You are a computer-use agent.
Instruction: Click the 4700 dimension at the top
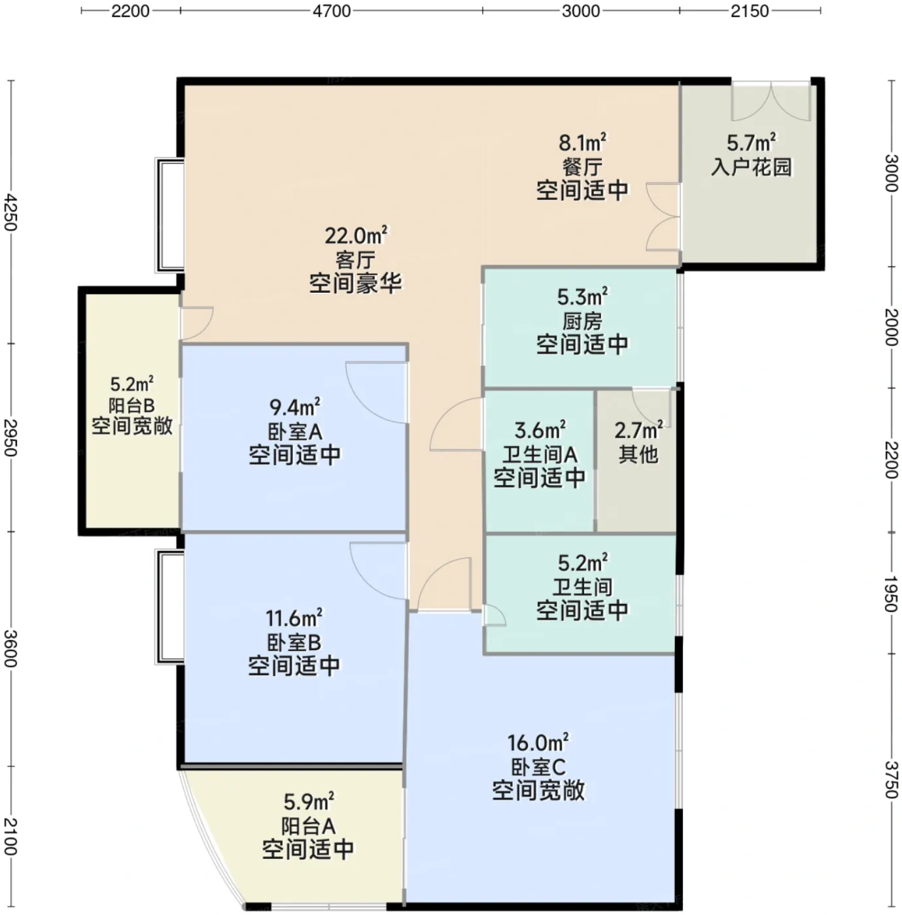[x=331, y=11]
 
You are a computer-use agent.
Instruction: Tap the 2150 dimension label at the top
[x=750, y=11]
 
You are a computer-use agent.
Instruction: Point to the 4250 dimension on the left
[x=10, y=212]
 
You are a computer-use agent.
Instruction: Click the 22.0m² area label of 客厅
[x=356, y=235]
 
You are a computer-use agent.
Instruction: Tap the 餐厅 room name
[x=582, y=167]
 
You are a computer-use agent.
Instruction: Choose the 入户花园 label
[x=752, y=167]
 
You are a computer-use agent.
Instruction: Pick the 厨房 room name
[x=582, y=322]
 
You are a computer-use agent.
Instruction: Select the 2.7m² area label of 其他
[x=638, y=430]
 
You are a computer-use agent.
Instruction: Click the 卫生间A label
[x=540, y=454]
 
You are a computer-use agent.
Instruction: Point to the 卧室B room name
[x=294, y=642]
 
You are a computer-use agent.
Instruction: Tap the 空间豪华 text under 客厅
[x=355, y=284]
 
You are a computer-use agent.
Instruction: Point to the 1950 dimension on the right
[x=892, y=594]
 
